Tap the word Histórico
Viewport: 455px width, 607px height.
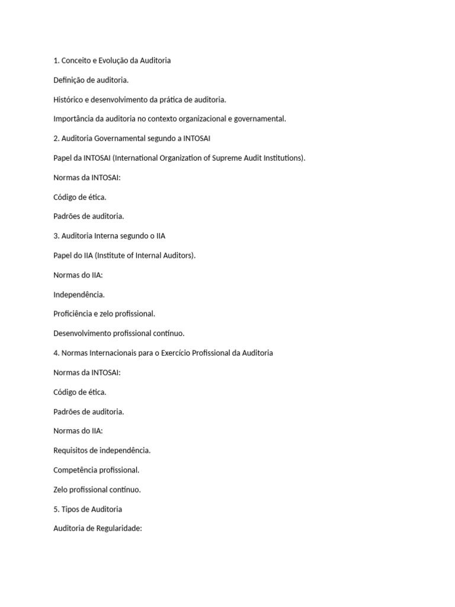pyautogui.click(x=69, y=100)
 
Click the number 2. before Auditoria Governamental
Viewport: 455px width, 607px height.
pyautogui.click(x=56, y=138)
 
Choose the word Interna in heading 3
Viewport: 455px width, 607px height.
pyautogui.click(x=107, y=236)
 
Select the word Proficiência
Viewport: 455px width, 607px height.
pyautogui.click(x=72, y=314)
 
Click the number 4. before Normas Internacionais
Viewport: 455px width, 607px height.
pyautogui.click(x=56, y=353)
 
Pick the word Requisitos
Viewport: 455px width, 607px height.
pyautogui.click(x=72, y=451)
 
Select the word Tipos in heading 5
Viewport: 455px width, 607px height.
pyautogui.click(x=71, y=509)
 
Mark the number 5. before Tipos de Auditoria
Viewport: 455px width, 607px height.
pyautogui.click(x=56, y=509)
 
